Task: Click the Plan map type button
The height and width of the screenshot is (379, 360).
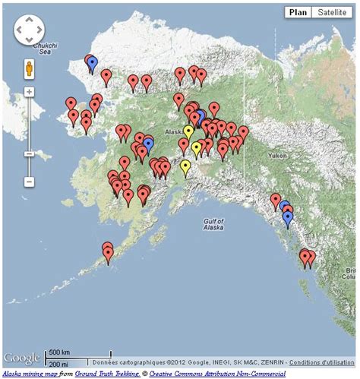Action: pos(297,13)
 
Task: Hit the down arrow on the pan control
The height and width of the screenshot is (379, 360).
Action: pos(30,43)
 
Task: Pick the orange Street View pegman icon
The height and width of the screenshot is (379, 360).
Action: pos(29,68)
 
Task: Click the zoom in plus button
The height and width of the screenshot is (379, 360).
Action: pos(29,92)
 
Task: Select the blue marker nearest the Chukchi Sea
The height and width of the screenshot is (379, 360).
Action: pos(92,63)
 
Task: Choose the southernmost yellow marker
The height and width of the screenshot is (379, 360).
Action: pos(185,166)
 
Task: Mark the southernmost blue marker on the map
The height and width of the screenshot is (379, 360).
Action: pos(288,218)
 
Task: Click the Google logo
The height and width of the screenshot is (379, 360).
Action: pos(23,358)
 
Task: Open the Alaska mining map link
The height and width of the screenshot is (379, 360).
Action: pos(30,373)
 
